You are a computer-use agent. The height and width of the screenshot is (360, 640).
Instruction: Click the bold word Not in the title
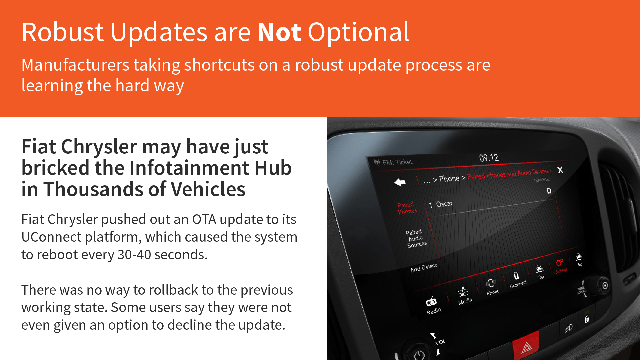(279, 32)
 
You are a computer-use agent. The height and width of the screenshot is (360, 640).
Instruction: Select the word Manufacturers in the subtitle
(75, 65)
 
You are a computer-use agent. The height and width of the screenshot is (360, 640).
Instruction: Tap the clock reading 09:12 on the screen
(489, 158)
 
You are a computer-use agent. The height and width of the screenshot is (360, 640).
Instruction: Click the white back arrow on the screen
(400, 182)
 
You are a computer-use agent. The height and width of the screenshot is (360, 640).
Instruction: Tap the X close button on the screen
(560, 170)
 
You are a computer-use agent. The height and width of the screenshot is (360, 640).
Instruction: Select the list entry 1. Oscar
(440, 204)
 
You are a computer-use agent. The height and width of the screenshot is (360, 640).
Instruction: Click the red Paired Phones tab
(407, 208)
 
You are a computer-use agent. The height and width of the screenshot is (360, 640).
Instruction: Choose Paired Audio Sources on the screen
(416, 238)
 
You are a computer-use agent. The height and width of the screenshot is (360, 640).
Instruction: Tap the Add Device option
(424, 268)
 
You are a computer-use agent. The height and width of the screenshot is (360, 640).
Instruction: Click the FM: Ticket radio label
(393, 162)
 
